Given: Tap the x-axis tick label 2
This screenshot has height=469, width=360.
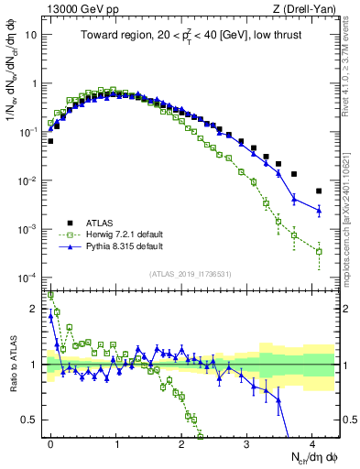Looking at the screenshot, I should point(181,444).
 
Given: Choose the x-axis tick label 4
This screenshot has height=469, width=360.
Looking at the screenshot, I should point(312,444).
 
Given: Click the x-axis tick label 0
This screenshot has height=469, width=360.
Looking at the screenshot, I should point(50,444).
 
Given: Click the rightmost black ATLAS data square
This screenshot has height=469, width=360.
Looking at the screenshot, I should point(319,191).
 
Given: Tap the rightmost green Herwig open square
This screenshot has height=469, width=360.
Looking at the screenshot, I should point(319,251).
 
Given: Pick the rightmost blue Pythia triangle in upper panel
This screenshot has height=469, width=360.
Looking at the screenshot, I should point(319,211).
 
